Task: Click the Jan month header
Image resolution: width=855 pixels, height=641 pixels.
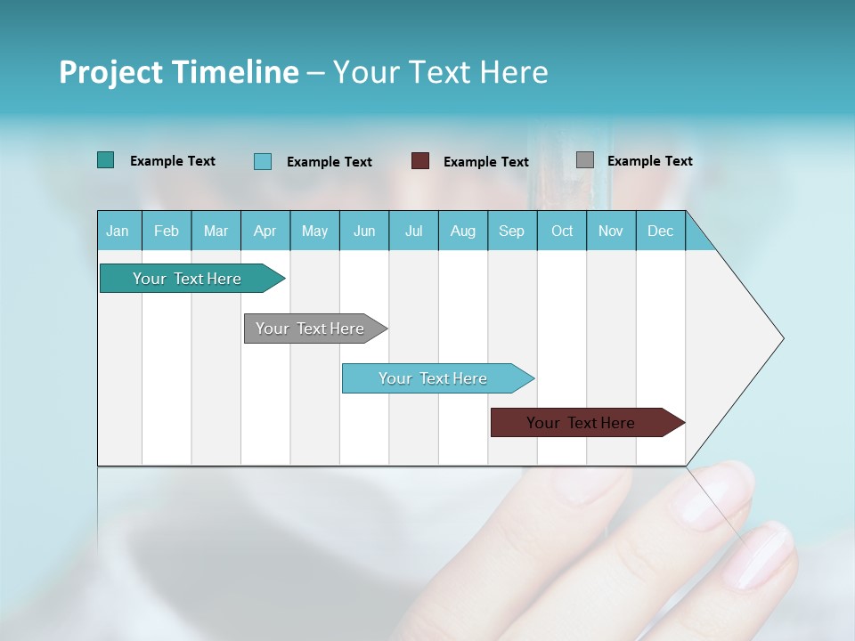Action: (118, 231)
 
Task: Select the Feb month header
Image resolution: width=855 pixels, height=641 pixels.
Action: (167, 231)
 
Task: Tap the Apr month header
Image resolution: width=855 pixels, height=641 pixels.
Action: (265, 231)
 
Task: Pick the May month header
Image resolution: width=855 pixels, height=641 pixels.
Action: (314, 231)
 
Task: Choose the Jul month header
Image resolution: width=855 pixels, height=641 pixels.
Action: (413, 231)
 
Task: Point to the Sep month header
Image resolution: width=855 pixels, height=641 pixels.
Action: (511, 231)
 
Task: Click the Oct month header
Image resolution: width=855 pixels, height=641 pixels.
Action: (562, 231)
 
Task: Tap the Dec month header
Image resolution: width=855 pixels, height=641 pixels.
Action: (660, 231)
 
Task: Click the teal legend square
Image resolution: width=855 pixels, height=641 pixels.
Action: (105, 160)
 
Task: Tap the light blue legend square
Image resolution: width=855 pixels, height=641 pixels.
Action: (263, 161)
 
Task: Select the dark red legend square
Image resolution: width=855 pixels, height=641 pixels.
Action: (420, 161)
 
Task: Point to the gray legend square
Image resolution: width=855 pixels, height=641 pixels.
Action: (585, 160)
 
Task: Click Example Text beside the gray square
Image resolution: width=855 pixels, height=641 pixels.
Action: (649, 161)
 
